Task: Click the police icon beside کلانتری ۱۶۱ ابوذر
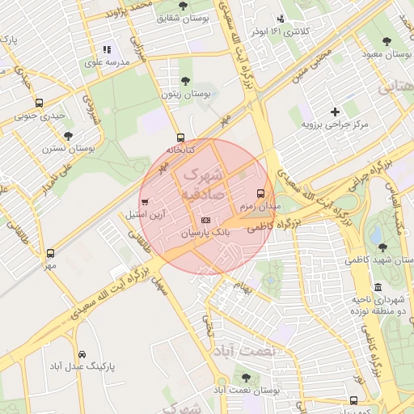pos(281,19)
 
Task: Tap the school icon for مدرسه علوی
pos(107,50)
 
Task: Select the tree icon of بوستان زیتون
pos(186,81)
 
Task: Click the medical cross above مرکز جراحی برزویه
pos(335,111)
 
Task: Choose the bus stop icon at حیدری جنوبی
pos(39,103)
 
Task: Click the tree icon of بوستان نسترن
pos(67,135)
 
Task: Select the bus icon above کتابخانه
pos(180,137)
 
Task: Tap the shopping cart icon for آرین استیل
pos(145,201)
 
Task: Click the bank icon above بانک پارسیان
pos(205,220)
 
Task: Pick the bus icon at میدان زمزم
pos(260,193)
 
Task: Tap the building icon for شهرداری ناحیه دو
pos(378,287)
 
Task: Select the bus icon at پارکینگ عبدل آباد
pos(82,354)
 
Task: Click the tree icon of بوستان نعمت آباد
pos(246,378)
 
